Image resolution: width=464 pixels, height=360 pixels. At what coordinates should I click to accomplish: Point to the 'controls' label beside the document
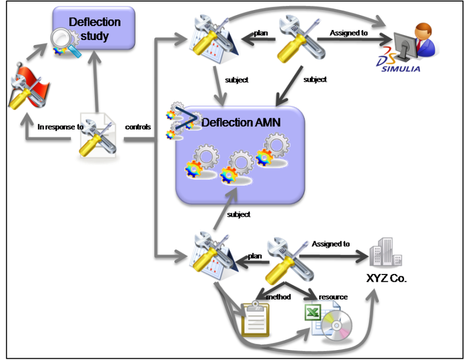pyautogui.click(x=137, y=127)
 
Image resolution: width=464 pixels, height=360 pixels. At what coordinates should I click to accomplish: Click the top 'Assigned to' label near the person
pyautogui.click(x=348, y=33)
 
